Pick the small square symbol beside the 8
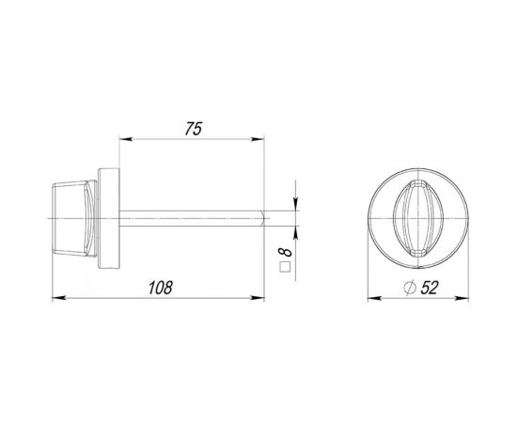pyautogui.click(x=286, y=269)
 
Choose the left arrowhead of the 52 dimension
pyautogui.click(x=369, y=300)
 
